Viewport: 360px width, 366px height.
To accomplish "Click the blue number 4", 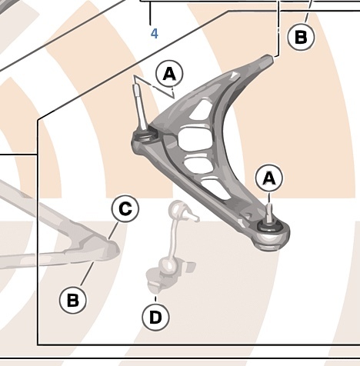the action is pos(155,34).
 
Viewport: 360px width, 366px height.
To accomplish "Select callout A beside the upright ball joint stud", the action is pos(169,74).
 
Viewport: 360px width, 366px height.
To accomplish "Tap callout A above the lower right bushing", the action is pos(269,178).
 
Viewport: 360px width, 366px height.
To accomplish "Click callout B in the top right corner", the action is pos(301,37).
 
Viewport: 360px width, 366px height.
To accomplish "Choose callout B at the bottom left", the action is pos(73,300).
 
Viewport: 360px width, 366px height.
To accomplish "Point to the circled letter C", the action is pos(125,208).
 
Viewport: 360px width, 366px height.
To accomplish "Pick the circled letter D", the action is pos(155,317).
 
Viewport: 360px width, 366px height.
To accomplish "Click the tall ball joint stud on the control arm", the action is pos(139,106).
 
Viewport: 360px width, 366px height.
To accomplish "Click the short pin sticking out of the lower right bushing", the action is pos(269,213).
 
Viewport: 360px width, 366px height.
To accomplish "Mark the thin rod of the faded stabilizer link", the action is pos(175,238).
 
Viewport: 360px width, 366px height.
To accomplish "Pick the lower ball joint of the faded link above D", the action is pos(168,265).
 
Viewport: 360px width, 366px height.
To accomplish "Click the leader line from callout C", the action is pos(113,231).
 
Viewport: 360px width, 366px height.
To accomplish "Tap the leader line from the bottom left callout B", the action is pos(87,274).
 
